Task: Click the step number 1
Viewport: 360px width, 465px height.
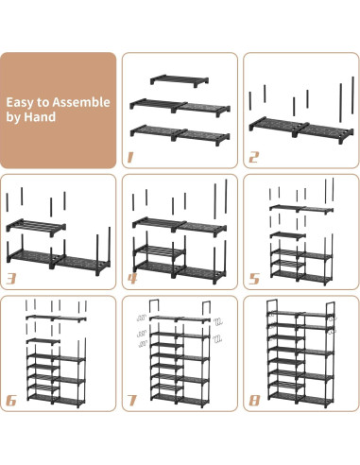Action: pyautogui.click(x=130, y=157)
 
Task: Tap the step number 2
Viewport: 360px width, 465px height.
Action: pyautogui.click(x=253, y=157)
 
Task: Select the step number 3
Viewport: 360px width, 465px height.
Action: pyautogui.click(x=11, y=279)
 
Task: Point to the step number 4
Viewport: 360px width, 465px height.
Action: pyautogui.click(x=132, y=279)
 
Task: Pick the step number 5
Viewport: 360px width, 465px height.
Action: pyautogui.click(x=254, y=279)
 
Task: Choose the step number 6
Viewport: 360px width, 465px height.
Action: pyautogui.click(x=11, y=401)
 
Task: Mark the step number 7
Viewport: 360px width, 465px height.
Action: pyautogui.click(x=132, y=401)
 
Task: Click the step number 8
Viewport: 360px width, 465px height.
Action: pyautogui.click(x=254, y=401)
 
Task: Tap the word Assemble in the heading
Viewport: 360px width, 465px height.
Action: pyautogui.click(x=81, y=102)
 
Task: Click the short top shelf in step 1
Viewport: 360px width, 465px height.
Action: pyautogui.click(x=180, y=80)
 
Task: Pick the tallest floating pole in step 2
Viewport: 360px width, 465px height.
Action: pyautogui.click(x=352, y=95)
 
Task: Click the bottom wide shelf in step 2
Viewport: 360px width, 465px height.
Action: pyautogui.click(x=301, y=130)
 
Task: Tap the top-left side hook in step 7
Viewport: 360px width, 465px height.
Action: pyautogui.click(x=142, y=318)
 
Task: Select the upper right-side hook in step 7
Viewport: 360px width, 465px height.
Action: pyautogui.click(x=217, y=321)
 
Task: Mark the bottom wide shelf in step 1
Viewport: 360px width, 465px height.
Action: pyautogui.click(x=180, y=134)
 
